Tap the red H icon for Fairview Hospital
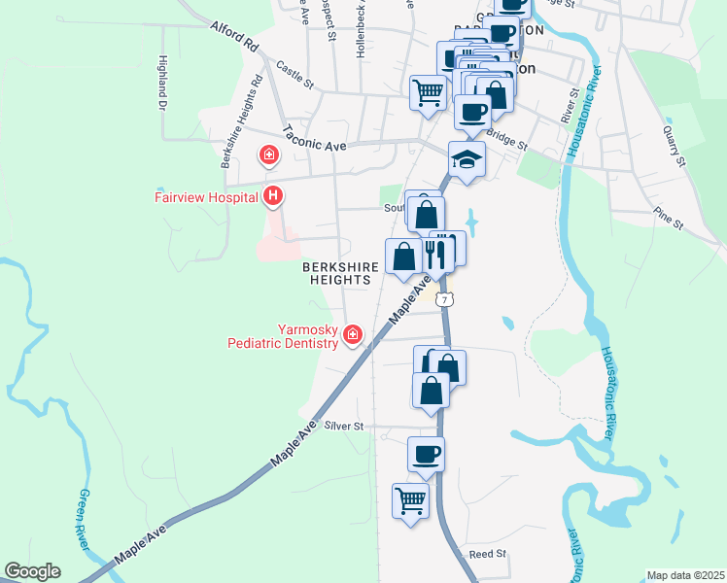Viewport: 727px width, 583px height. (x=274, y=196)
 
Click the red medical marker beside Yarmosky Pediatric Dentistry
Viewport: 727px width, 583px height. (x=353, y=336)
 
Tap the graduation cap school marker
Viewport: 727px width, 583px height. (x=467, y=159)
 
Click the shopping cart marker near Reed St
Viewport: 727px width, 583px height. (x=411, y=501)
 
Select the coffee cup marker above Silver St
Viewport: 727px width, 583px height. (x=425, y=454)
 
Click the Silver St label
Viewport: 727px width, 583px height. (x=344, y=426)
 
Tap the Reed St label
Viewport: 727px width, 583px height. (x=488, y=554)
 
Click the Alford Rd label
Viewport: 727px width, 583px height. (x=234, y=38)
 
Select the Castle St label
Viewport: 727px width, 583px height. (x=294, y=76)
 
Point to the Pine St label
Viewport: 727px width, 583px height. (x=669, y=217)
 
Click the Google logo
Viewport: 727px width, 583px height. (x=32, y=571)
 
